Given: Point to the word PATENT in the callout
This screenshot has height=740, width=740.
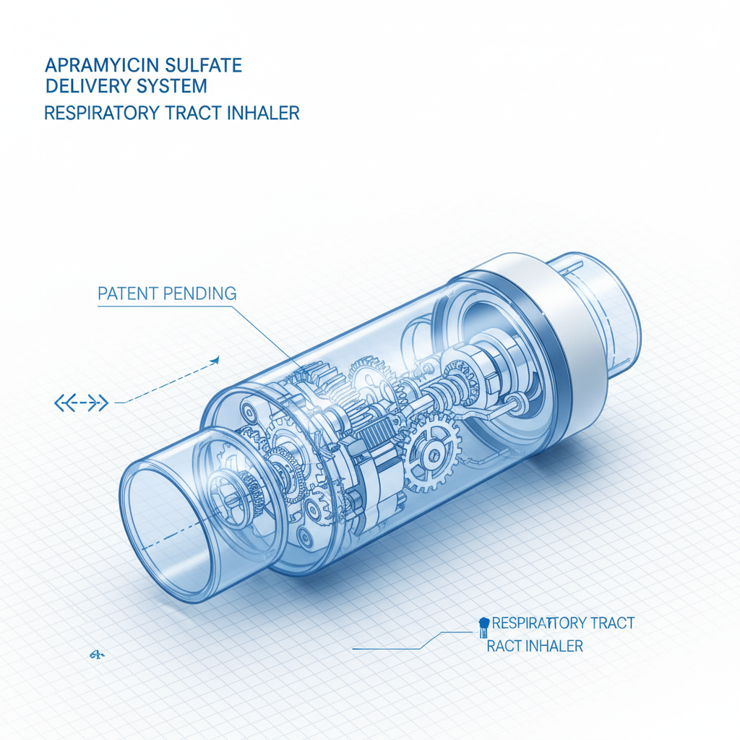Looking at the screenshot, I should (124, 293).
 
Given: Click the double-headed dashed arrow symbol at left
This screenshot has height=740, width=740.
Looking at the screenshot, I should (81, 403).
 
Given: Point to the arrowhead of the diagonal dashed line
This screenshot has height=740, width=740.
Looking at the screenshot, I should (215, 358).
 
